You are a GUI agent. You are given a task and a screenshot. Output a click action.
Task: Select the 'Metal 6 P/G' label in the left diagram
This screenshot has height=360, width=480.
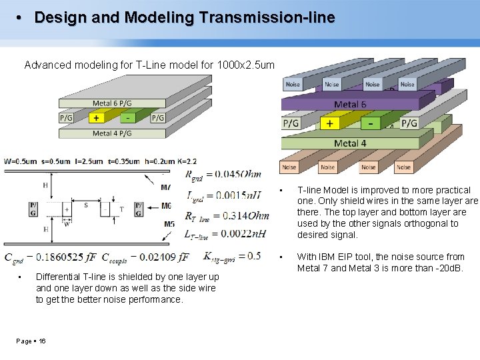point(111,103)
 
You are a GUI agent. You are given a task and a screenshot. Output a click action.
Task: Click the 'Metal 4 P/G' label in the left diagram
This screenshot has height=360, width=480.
point(111,133)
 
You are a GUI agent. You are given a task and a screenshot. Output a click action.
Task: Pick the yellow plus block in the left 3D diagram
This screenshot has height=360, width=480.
point(96,118)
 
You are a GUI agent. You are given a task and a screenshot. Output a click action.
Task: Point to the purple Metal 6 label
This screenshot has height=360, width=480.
point(349,104)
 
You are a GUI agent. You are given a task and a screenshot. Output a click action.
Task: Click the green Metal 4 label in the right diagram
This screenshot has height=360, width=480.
point(349,143)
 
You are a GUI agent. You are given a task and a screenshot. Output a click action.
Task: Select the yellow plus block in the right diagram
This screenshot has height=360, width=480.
point(329,123)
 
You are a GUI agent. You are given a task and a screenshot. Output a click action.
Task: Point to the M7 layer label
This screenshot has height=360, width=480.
point(165,187)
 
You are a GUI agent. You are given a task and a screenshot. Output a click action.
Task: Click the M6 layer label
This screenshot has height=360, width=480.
point(166,207)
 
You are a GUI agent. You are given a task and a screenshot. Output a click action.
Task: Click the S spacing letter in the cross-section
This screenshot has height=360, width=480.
point(85,205)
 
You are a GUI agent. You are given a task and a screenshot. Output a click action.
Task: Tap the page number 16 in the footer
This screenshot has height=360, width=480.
point(42,341)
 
